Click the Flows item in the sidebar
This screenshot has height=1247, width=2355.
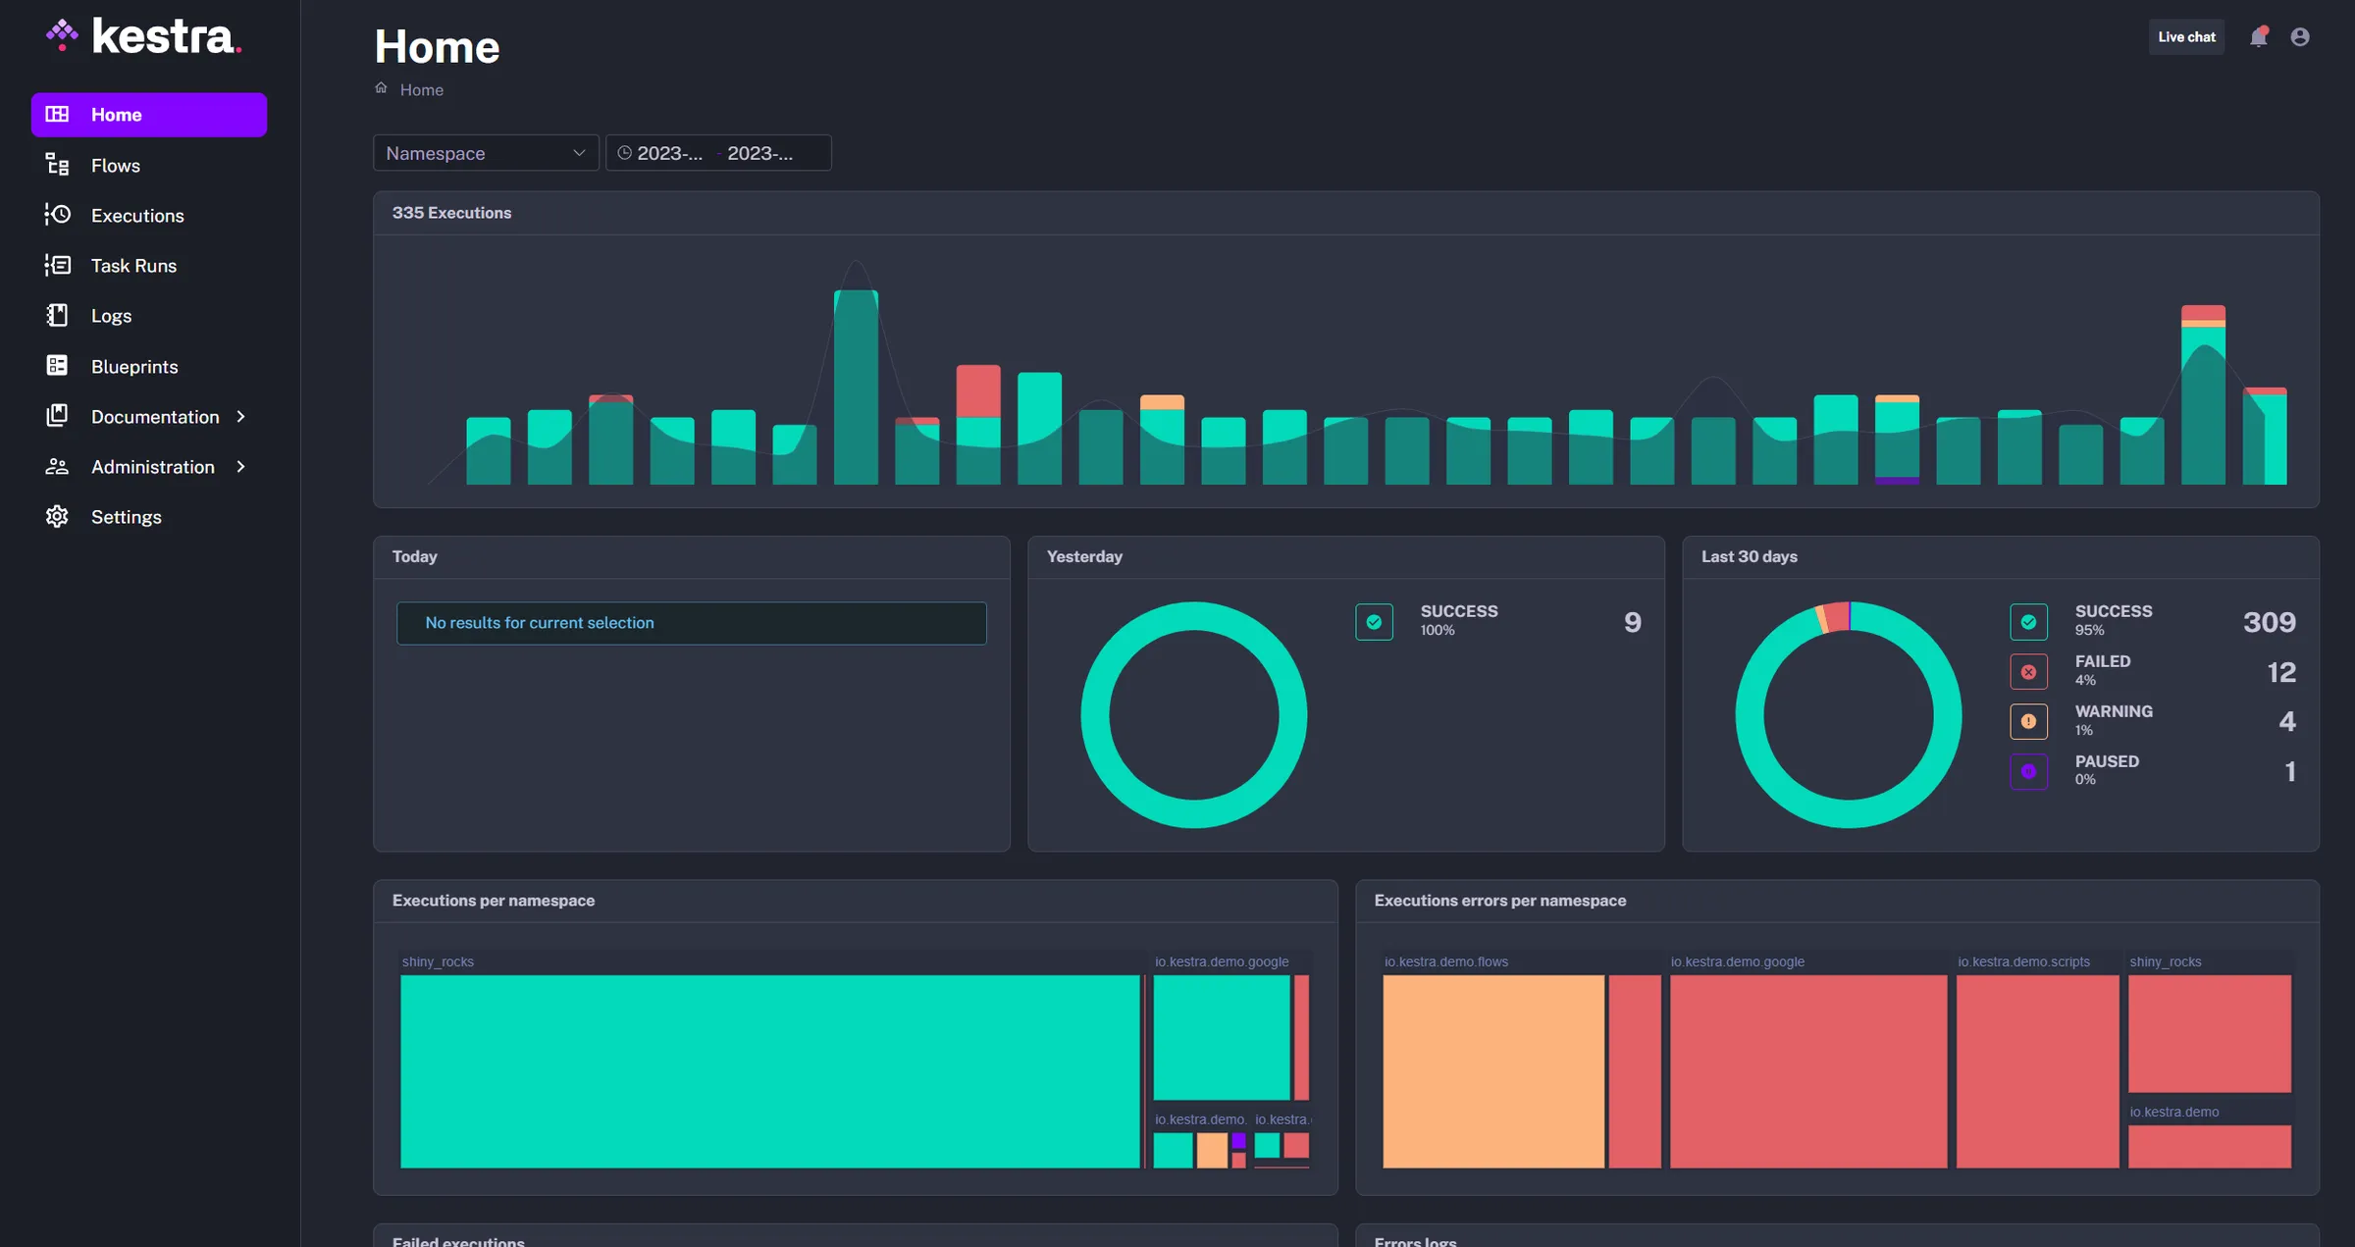(x=115, y=166)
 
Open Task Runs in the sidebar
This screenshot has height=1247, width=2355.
(x=133, y=266)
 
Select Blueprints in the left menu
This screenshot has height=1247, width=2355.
(x=133, y=367)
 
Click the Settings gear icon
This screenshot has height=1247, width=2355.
(x=57, y=517)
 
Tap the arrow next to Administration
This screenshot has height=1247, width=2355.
(x=240, y=467)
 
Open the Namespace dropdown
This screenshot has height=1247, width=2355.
(x=486, y=153)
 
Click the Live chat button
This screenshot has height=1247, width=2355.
(x=2186, y=37)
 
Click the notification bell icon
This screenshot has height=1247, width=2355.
(x=2258, y=37)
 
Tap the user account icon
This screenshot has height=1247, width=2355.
(x=2300, y=37)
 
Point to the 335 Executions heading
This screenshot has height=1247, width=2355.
(x=451, y=213)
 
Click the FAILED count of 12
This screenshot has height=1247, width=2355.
(x=2281, y=672)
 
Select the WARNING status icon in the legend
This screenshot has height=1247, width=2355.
(x=2028, y=722)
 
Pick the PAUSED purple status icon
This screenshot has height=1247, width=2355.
(x=2028, y=772)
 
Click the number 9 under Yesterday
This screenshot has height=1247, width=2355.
(x=1632, y=622)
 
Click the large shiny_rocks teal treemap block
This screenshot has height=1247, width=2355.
(x=770, y=1071)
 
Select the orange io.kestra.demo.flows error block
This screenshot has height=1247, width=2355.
(x=1493, y=1071)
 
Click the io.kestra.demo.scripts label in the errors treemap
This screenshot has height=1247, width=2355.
(x=2023, y=961)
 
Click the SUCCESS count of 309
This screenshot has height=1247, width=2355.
(x=2269, y=622)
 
